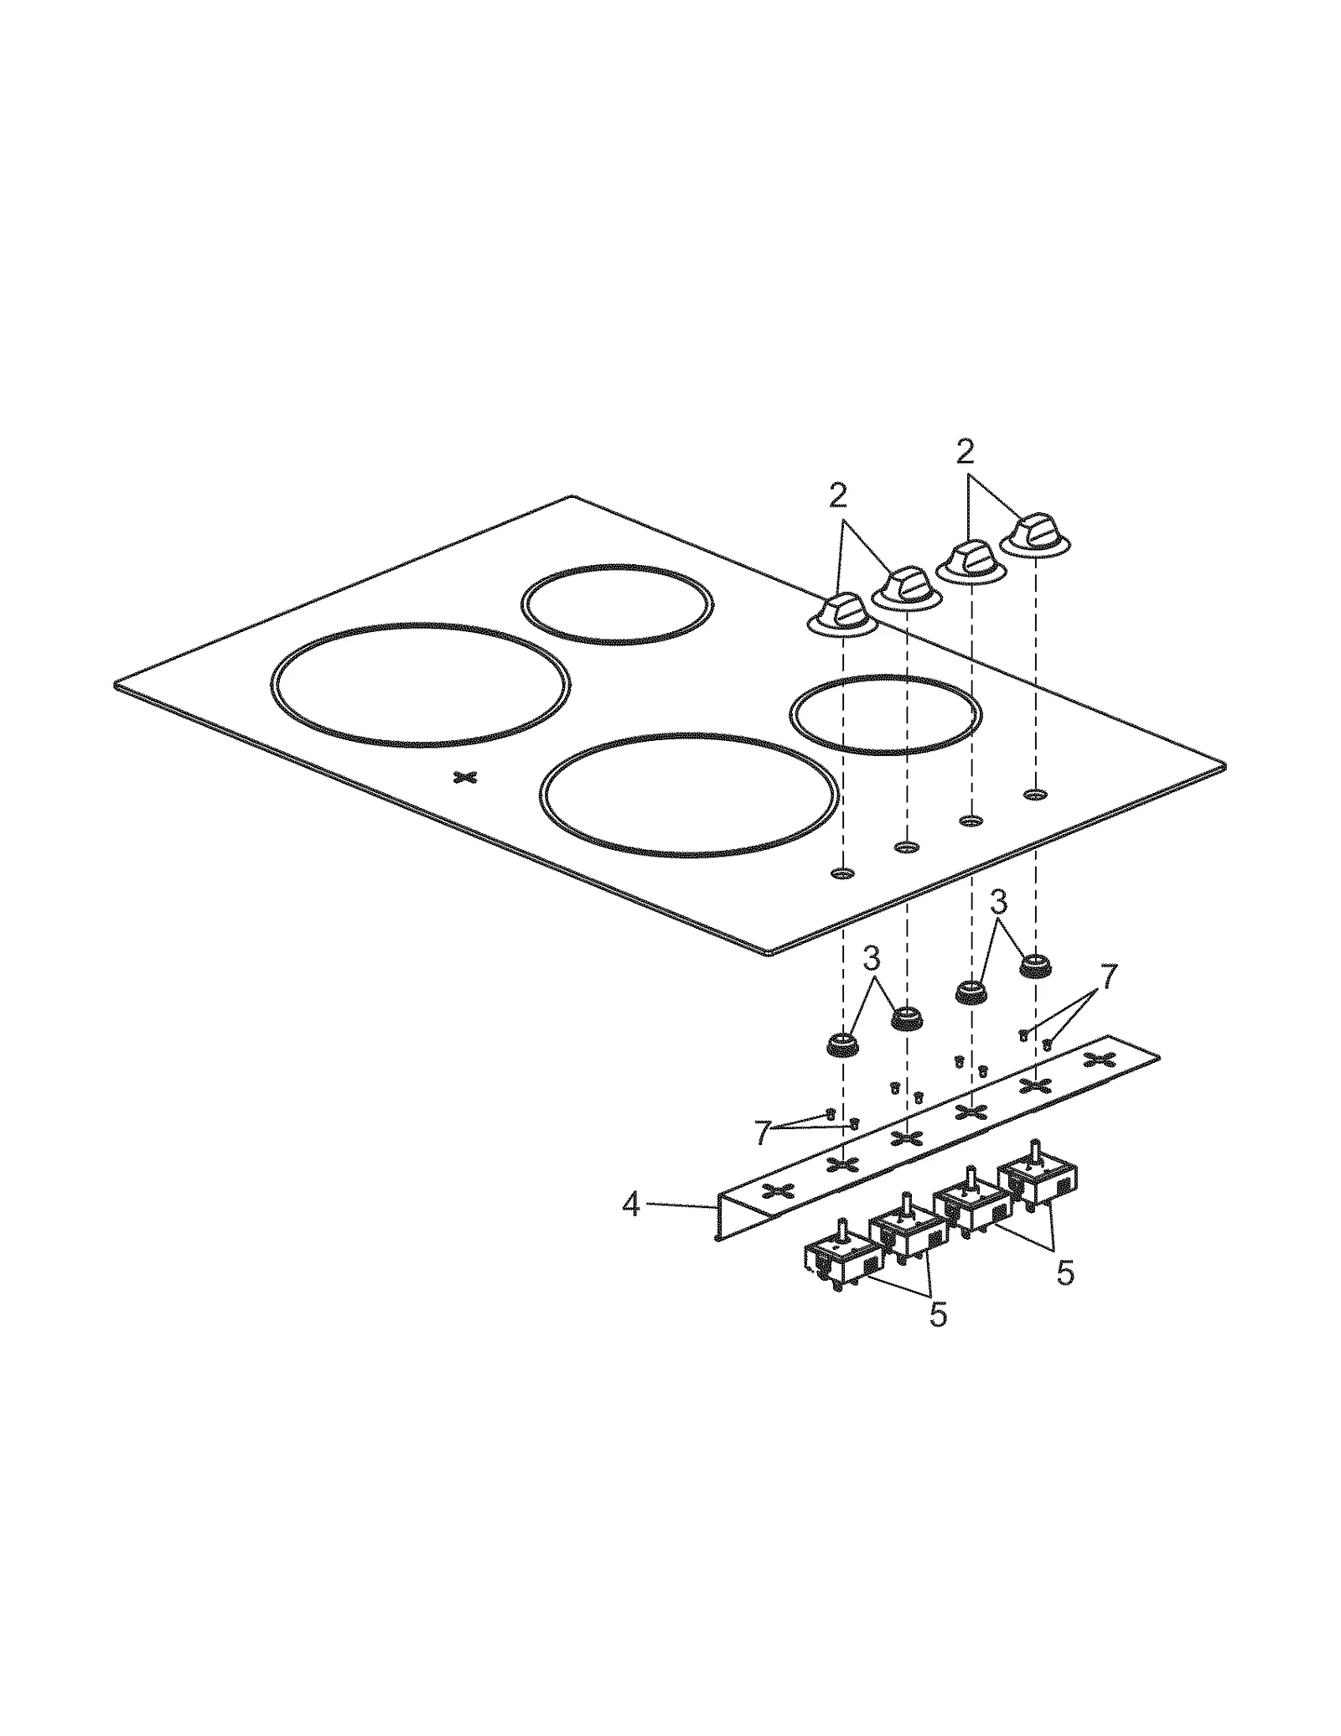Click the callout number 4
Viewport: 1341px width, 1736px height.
click(x=630, y=1205)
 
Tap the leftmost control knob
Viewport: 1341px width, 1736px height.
click(x=841, y=614)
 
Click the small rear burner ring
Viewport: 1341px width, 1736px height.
click(x=617, y=604)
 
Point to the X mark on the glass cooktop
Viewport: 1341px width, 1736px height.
click(x=465, y=777)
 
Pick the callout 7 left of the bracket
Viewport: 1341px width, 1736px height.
click(x=762, y=1132)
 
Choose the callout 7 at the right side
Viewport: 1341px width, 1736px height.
click(x=1108, y=977)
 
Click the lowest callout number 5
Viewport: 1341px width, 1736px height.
click(x=938, y=1314)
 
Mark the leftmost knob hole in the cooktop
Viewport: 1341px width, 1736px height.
click(x=842, y=873)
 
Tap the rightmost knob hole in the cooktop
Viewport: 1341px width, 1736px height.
click(x=1036, y=793)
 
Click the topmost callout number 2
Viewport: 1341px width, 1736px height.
click(x=966, y=453)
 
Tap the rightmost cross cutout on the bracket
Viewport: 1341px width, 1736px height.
click(x=1100, y=1060)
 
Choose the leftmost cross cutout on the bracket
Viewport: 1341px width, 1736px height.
click(x=778, y=1192)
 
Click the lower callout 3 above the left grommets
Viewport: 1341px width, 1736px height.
click(x=872, y=957)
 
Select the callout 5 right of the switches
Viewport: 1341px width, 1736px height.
click(x=1064, y=1272)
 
